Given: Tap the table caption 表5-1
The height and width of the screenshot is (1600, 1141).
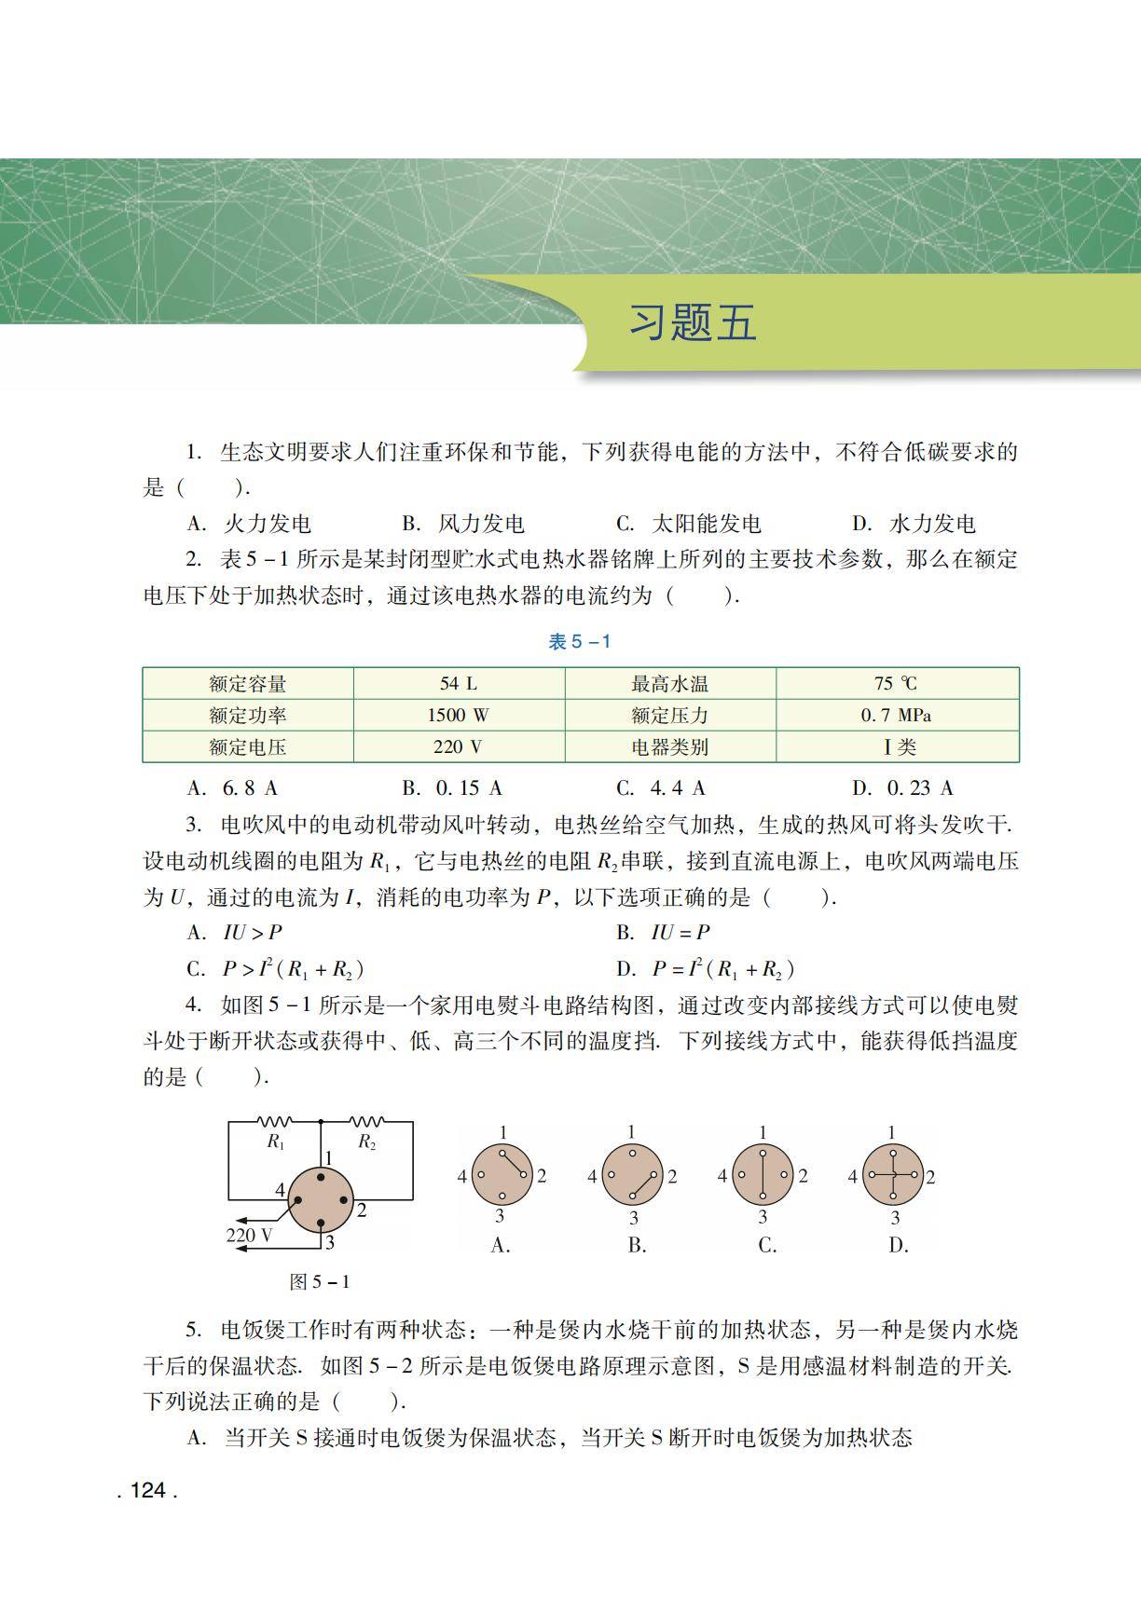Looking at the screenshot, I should (579, 641).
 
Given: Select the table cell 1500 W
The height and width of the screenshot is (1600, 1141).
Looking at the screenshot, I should (458, 716).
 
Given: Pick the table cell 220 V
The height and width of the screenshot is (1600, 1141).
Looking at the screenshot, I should (458, 747).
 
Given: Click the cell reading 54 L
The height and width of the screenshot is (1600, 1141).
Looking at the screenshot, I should (458, 684).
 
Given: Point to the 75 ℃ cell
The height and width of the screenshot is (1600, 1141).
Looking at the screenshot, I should (896, 684).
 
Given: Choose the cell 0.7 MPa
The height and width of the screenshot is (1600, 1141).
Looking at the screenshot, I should (896, 716).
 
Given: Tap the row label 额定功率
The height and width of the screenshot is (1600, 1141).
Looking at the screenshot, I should (248, 716).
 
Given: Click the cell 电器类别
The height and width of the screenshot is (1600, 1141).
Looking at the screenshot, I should (669, 747).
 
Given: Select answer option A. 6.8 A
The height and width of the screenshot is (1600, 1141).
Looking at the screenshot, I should (233, 788).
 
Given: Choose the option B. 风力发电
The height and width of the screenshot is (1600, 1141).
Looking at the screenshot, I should (463, 524).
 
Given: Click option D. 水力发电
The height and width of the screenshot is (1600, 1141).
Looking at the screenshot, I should (914, 524).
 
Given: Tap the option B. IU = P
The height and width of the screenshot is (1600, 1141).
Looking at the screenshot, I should (663, 933).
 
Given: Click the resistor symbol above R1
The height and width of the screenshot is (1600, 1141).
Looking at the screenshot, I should (275, 1121).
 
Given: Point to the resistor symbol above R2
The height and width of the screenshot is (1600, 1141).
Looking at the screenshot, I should (366, 1121).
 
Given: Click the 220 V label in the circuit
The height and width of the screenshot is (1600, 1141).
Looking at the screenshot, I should (250, 1236).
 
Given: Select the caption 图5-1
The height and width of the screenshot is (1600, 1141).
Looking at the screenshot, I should (320, 1282).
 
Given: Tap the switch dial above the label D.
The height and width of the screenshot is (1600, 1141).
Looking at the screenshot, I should (892, 1175).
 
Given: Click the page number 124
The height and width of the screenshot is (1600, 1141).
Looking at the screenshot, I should (147, 1490).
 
